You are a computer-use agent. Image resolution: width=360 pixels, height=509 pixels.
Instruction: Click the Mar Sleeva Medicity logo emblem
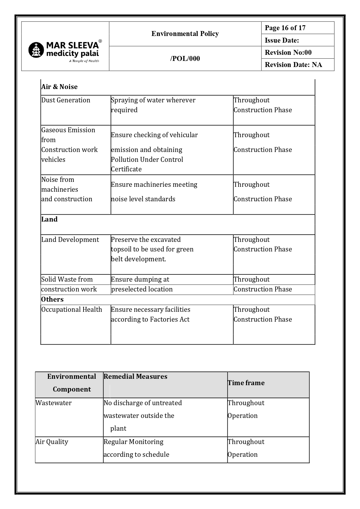tap(36, 50)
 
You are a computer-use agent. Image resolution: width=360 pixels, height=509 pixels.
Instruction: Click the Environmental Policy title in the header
tap(185, 34)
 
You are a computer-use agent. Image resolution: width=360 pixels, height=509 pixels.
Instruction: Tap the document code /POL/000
tap(185, 59)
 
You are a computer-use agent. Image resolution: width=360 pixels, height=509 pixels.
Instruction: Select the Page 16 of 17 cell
tap(285, 28)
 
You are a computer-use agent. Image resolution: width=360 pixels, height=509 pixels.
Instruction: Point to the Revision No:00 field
tap(288, 52)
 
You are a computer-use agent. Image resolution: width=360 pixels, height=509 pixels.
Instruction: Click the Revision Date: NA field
tap(293, 65)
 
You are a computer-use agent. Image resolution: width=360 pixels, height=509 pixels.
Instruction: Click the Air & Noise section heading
tap(59, 87)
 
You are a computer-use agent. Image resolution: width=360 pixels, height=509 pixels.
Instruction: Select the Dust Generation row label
tap(66, 100)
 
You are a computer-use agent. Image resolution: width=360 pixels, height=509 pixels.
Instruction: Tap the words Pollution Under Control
tap(147, 160)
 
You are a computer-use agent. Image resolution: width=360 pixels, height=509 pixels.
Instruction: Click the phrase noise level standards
tap(143, 199)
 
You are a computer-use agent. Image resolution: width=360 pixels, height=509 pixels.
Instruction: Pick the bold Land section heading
tap(49, 219)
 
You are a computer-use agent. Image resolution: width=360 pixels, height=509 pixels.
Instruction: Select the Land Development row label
tap(70, 240)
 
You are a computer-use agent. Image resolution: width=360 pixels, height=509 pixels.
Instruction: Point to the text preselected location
tap(142, 289)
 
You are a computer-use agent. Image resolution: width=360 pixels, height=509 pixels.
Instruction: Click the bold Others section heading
tap(52, 299)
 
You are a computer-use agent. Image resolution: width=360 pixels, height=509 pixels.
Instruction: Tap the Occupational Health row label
tap(72, 309)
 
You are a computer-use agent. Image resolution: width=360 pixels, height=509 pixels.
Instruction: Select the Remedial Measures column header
tap(135, 376)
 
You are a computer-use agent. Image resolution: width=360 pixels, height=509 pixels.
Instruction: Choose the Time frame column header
tap(246, 383)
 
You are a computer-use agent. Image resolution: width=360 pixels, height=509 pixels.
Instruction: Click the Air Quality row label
tap(52, 442)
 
